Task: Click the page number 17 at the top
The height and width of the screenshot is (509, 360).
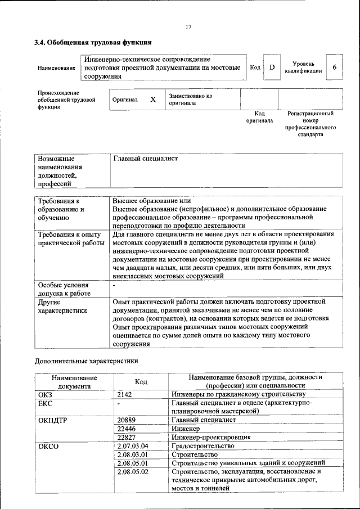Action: pos(188,27)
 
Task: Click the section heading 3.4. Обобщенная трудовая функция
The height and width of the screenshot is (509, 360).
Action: pos(93,42)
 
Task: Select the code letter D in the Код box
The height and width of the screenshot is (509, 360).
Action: pos(272,67)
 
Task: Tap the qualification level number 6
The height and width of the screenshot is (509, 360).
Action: pos(335,67)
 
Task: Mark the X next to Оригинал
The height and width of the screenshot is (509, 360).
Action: pos(152,100)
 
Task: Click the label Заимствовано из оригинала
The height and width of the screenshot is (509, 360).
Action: pos(190,100)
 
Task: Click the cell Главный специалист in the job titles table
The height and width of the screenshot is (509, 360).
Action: pos(145,159)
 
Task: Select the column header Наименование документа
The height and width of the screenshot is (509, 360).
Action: pos(74,382)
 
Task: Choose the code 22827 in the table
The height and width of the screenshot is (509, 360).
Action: pos(127,437)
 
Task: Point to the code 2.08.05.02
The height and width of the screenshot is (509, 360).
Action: pos(132,471)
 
